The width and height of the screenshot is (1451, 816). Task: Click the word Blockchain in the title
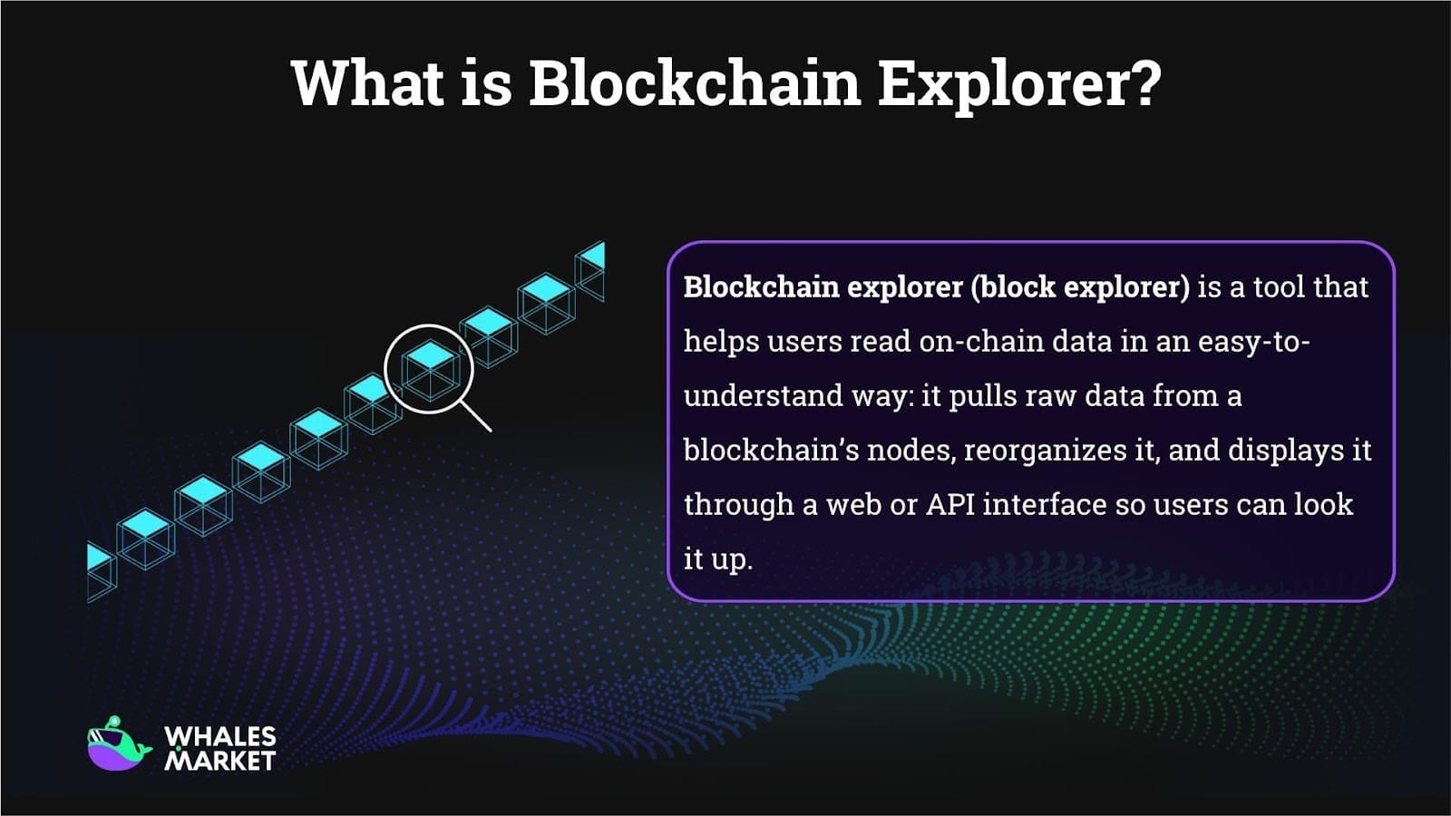[694, 83]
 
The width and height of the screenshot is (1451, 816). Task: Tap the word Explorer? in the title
[1018, 83]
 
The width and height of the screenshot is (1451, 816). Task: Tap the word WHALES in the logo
[220, 736]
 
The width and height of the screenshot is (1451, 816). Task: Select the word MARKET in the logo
[219, 761]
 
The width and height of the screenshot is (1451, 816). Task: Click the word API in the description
[949, 504]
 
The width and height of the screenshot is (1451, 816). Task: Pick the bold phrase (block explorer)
[1079, 287]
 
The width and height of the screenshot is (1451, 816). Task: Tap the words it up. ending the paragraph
[717, 559]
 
